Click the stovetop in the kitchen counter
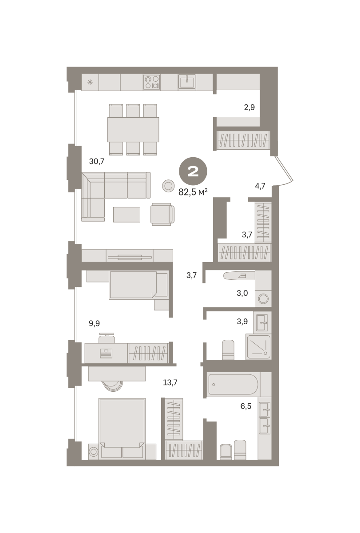click(151, 82)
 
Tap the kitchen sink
click(187, 82)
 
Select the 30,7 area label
click(96, 162)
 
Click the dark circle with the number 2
click(193, 171)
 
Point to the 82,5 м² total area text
click(193, 192)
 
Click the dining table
click(133, 130)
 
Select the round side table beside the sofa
click(168, 186)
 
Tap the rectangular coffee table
click(127, 215)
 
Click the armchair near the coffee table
click(162, 214)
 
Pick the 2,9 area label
click(249, 107)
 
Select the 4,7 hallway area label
click(260, 186)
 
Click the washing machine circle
click(263, 298)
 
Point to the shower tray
click(258, 347)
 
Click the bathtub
click(233, 384)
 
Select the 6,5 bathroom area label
click(246, 406)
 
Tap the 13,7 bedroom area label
click(170, 382)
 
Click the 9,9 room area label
click(94, 323)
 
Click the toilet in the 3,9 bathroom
click(228, 350)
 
